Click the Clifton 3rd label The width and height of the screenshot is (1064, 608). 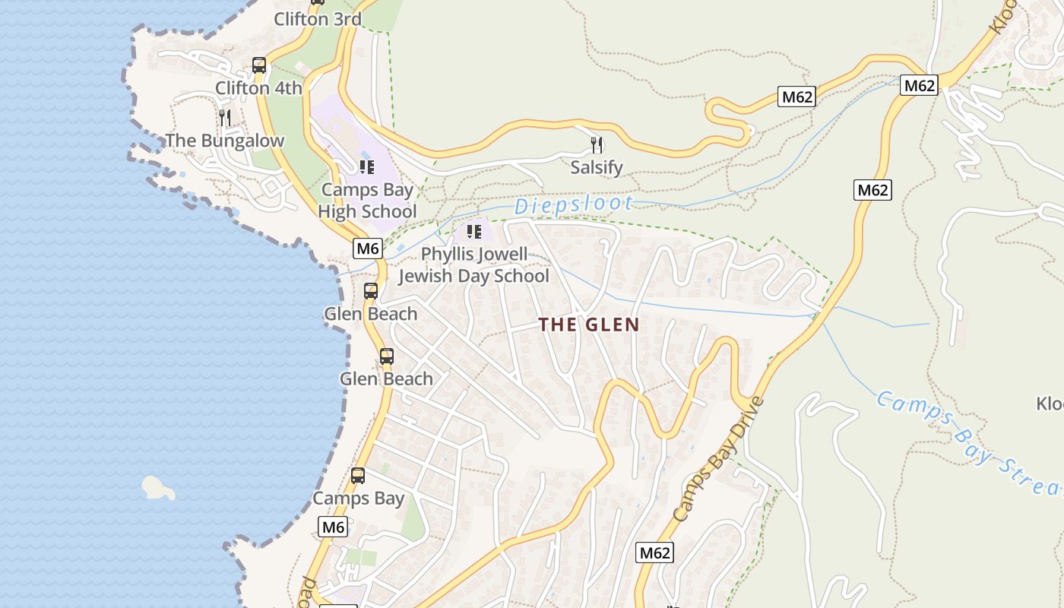coord(317,20)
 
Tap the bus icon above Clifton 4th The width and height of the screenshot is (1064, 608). coord(259,65)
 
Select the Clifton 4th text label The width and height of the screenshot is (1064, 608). coord(258,88)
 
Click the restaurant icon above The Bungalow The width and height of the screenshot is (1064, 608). coord(225,117)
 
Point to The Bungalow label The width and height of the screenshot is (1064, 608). coord(224,141)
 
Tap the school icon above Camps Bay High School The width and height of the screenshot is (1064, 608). coord(367,166)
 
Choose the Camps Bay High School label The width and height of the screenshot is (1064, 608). coord(368,201)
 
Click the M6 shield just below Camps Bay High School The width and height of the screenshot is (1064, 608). coord(367,248)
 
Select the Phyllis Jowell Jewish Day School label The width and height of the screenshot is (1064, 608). coord(473,264)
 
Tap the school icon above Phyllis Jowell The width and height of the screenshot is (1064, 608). coord(474,231)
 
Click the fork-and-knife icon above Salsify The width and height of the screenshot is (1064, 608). coord(597,144)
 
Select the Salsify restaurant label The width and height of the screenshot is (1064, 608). coord(597,167)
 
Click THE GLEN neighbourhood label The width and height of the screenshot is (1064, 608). coord(589,325)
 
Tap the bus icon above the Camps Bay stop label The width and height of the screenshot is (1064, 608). coord(357,476)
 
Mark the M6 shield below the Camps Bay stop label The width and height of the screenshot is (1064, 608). coord(334,527)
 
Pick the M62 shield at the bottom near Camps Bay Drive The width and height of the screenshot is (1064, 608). coord(654,553)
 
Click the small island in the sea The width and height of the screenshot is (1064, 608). coord(158,488)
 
